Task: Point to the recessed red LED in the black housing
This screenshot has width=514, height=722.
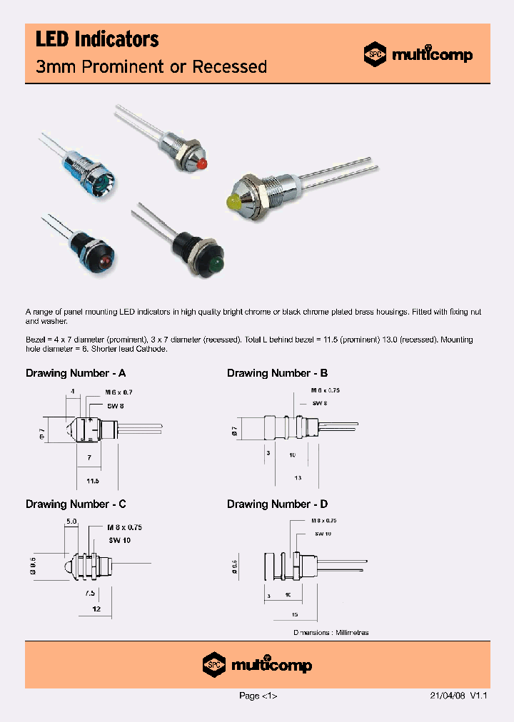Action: pyautogui.click(x=104, y=262)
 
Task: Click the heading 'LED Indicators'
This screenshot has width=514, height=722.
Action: pyautogui.click(x=97, y=40)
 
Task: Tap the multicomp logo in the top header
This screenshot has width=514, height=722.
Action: pyautogui.click(x=418, y=54)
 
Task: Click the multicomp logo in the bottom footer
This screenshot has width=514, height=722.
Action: pyautogui.click(x=257, y=665)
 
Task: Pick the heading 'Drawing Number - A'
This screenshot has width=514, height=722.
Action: pyautogui.click(x=76, y=373)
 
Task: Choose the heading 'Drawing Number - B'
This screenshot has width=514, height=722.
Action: pyautogui.click(x=277, y=373)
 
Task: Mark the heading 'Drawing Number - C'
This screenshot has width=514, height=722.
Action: pyautogui.click(x=76, y=504)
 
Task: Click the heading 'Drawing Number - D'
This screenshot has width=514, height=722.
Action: pyautogui.click(x=277, y=504)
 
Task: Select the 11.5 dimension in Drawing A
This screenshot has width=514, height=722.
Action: pyautogui.click(x=91, y=482)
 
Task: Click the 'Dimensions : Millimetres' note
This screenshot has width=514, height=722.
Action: pyautogui.click(x=331, y=633)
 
